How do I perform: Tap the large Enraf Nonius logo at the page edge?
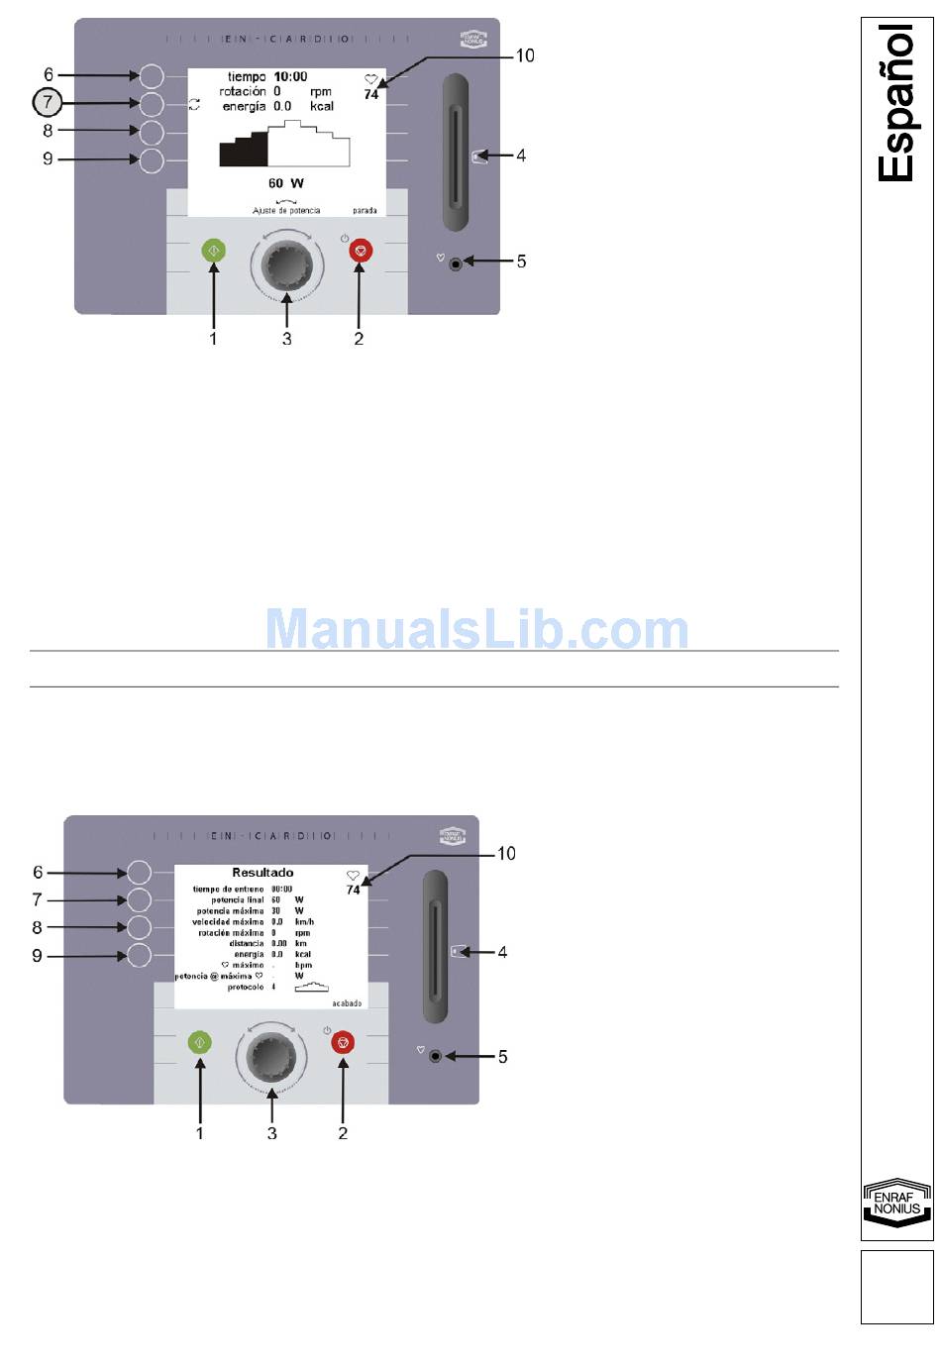pos(896,1204)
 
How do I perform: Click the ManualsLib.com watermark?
pos(476,630)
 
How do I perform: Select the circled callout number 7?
pos(48,102)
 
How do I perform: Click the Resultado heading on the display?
pos(262,873)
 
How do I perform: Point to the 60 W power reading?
pos(285,183)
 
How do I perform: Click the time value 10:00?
pos(290,76)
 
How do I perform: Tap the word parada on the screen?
pos(365,211)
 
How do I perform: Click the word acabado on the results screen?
pos(347,1003)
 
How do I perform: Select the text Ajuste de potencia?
pos(286,211)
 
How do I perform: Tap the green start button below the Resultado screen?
pos(200,1042)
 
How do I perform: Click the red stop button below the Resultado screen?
pos(343,1042)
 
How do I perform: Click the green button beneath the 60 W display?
pos(214,251)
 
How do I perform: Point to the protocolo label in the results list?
pos(246,988)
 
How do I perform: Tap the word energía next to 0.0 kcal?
pos(243,106)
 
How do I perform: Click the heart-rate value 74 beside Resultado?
pos(353,891)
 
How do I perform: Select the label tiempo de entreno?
pos(228,890)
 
